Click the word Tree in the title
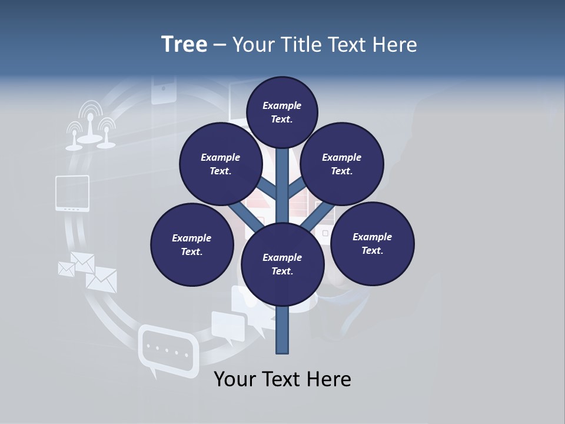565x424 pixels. [184, 45]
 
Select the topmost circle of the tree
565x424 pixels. [282, 112]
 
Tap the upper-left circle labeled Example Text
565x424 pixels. [220, 164]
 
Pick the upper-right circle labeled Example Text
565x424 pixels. [342, 164]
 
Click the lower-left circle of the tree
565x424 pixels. [192, 244]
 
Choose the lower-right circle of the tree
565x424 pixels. [372, 243]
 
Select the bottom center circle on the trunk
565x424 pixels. [282, 264]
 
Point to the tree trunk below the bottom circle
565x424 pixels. [282, 330]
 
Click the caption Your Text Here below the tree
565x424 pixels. [282, 379]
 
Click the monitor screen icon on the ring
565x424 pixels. [72, 193]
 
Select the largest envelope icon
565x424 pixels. [102, 279]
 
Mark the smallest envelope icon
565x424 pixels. [66, 269]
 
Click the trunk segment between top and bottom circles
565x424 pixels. [282, 188]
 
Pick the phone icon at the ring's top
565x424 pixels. [164, 90]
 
